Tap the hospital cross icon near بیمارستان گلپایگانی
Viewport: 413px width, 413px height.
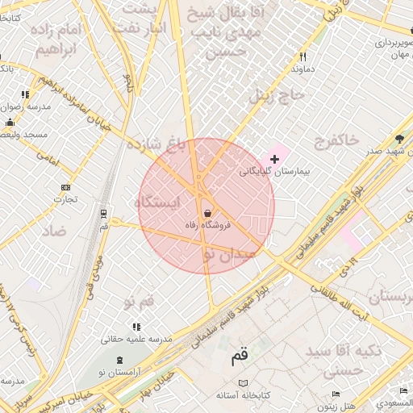(x=274, y=160)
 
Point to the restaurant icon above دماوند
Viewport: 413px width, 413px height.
(x=303, y=57)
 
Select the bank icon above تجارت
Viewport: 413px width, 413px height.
(x=65, y=188)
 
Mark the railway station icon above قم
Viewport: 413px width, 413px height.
(x=103, y=214)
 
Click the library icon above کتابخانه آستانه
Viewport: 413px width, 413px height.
(x=243, y=383)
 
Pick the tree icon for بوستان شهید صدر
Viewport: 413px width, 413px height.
(x=398, y=139)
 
